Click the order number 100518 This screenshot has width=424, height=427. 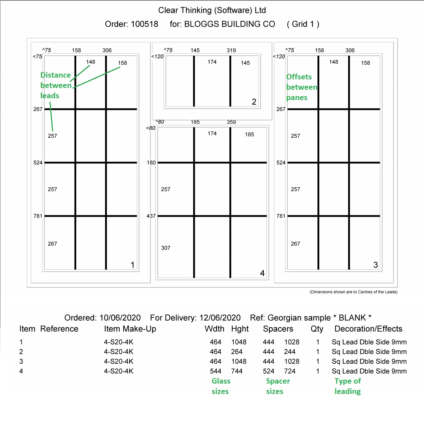coord(144,24)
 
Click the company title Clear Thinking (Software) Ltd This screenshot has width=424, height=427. coord(212,10)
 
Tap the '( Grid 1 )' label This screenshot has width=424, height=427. coord(303,24)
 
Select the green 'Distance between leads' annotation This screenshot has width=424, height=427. coord(56,85)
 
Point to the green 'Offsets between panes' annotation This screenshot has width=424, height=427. coord(301,87)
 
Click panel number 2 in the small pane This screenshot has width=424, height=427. coord(254,102)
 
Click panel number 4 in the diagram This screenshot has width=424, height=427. coord(262,273)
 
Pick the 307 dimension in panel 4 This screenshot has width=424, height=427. coord(166,248)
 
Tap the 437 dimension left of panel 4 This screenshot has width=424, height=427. coord(151,216)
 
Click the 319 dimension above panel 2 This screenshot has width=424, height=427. coord(231,51)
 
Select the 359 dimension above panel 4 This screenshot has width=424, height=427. coord(231,122)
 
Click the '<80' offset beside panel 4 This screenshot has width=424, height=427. coord(150,128)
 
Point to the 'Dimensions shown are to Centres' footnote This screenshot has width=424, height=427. coord(353,292)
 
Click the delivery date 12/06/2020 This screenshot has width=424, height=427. coord(220,318)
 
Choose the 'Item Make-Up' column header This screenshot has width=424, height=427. coord(130,329)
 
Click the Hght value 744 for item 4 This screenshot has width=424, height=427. coord(237,371)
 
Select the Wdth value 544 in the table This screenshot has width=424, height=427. coord(216,371)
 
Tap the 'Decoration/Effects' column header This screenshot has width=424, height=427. coord(368,329)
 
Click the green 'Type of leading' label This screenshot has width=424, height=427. coord(347,386)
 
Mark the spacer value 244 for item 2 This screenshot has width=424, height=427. coord(290,352)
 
